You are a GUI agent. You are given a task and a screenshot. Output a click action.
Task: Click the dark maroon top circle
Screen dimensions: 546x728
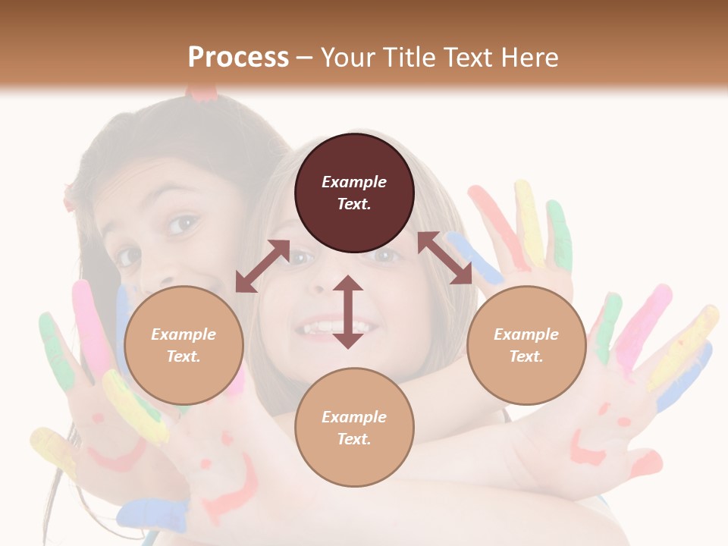tap(354, 193)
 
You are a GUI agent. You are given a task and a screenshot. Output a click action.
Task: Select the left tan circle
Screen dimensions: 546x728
tap(184, 345)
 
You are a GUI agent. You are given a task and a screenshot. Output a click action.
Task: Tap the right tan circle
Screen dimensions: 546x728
tap(526, 345)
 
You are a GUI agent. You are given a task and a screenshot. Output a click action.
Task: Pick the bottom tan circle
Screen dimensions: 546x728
tap(354, 428)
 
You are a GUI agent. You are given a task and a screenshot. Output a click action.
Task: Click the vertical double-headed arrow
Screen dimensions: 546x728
tap(348, 312)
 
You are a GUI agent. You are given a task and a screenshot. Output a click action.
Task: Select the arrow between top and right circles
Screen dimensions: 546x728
tap(444, 258)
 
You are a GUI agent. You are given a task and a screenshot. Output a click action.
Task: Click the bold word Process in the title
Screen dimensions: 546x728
tap(238, 57)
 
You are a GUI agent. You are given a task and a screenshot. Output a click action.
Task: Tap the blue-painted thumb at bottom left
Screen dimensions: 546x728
tap(155, 516)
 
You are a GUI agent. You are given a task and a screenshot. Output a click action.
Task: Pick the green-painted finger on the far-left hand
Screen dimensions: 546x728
tap(55, 349)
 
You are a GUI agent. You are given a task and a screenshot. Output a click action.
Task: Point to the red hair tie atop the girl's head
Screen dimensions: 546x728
tap(202, 93)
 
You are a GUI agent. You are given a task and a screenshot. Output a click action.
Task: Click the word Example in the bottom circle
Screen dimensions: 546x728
tap(354, 417)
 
